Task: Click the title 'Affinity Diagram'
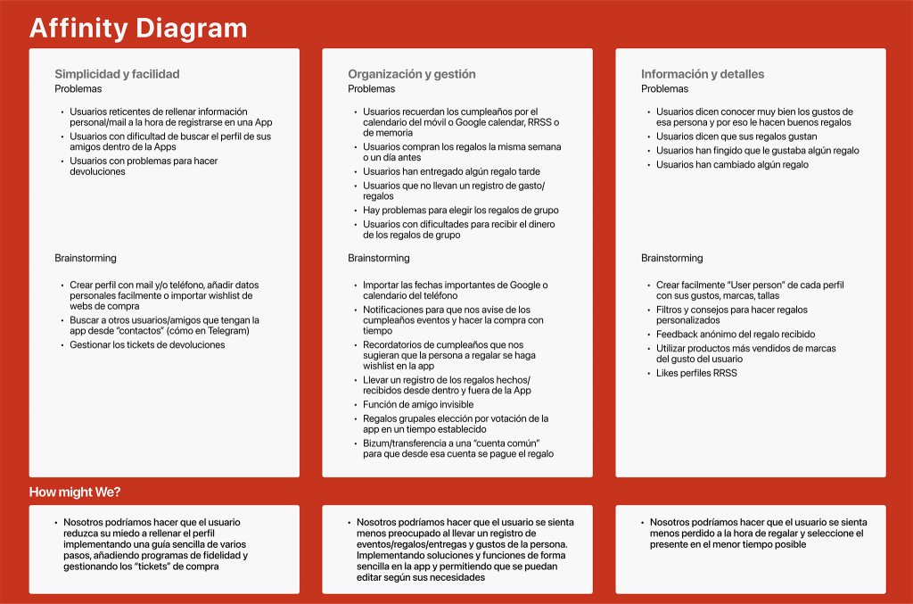tap(138, 28)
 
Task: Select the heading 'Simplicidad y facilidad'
tap(117, 74)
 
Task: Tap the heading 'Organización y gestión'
tap(411, 74)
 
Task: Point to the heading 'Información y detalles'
tap(702, 74)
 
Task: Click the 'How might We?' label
tap(75, 492)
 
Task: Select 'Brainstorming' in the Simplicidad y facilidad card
tap(86, 258)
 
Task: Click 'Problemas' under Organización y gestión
tap(371, 88)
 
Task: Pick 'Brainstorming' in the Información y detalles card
tap(671, 258)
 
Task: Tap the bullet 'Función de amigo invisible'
tap(418, 404)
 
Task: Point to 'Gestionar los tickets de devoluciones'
tap(147, 344)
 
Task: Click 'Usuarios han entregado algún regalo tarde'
tap(451, 171)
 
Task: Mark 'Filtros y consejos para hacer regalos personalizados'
tap(731, 315)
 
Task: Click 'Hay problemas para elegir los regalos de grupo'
tap(460, 211)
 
